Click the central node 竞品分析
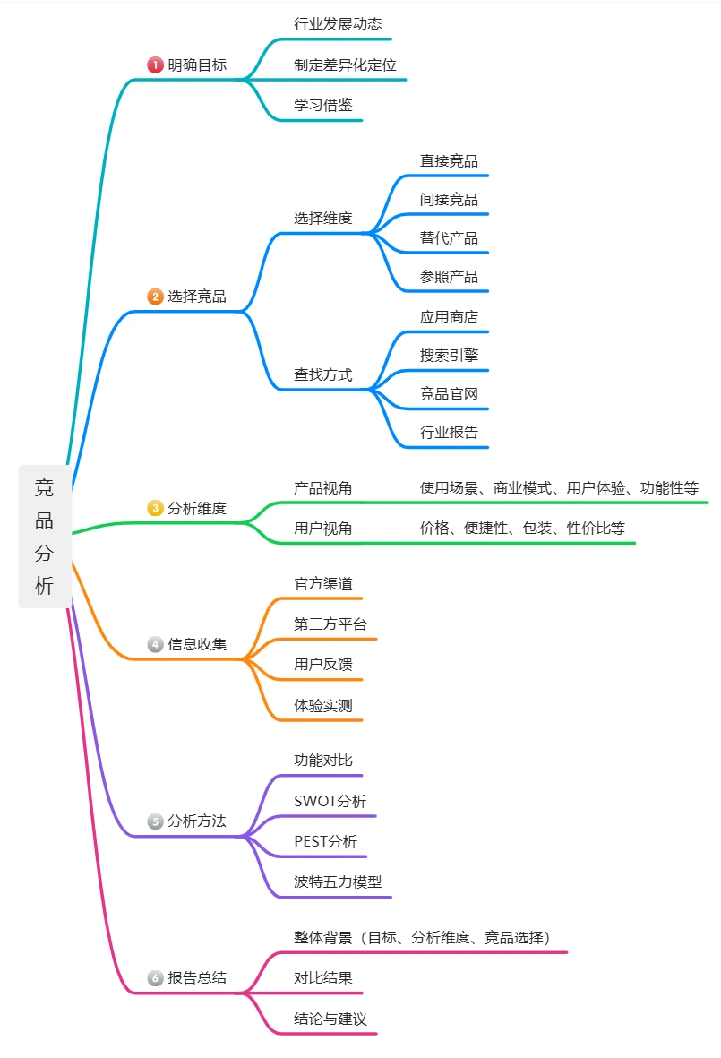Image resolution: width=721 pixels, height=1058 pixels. (x=44, y=537)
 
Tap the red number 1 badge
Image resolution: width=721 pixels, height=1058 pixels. (x=155, y=65)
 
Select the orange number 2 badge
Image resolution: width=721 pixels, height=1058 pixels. (x=155, y=297)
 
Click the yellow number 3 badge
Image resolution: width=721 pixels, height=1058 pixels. (x=155, y=508)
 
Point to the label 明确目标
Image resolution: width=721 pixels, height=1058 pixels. (x=197, y=65)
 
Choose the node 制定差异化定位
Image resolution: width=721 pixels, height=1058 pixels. (x=345, y=65)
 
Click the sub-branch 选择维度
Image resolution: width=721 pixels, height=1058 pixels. (x=323, y=218)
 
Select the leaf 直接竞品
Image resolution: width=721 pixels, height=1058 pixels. (x=449, y=161)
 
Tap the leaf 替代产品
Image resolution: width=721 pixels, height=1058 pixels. (x=449, y=238)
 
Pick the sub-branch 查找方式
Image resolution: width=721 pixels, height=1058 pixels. (x=323, y=374)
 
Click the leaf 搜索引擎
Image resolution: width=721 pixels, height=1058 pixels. (x=449, y=355)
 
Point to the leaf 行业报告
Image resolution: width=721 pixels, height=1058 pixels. (x=449, y=432)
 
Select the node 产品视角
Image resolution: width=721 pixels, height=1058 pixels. (x=323, y=488)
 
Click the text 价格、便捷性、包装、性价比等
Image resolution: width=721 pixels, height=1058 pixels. (x=522, y=529)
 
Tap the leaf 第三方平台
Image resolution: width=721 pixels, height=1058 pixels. (x=330, y=624)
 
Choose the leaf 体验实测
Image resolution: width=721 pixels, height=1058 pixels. (x=323, y=705)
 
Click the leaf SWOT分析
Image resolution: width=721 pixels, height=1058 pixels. (x=330, y=801)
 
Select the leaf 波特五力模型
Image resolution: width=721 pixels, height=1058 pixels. (x=338, y=882)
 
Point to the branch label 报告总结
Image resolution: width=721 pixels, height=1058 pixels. (x=197, y=978)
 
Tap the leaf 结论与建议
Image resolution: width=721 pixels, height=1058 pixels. (x=330, y=1019)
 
